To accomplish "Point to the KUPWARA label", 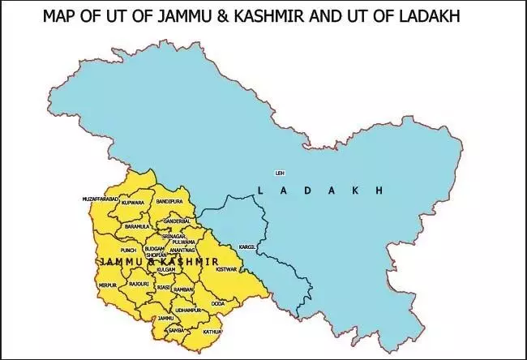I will (133, 203).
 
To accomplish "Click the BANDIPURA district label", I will (169, 199).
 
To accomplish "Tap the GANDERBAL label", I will (176, 221).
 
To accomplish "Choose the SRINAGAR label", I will (174, 235).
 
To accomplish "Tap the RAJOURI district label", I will (138, 285).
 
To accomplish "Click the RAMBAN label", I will (183, 289).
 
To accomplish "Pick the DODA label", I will (218, 303).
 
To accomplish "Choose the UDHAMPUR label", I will (188, 311).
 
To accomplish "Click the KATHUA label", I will (212, 332).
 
